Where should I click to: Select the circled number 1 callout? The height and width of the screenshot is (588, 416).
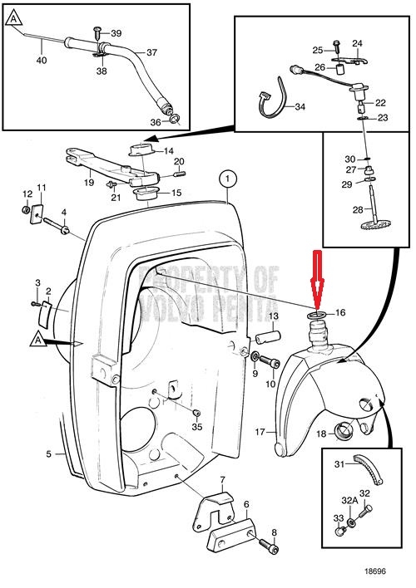[228, 179]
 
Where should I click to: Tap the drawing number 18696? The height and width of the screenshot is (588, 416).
[374, 571]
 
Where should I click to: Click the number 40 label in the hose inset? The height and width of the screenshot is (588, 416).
[42, 60]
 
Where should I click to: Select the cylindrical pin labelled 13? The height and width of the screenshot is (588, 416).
[268, 336]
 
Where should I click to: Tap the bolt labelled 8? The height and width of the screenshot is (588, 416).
[269, 545]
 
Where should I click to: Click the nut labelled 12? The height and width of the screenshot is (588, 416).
[26, 210]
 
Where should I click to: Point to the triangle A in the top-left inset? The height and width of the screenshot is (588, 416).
[13, 18]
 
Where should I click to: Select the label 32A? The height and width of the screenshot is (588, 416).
[349, 500]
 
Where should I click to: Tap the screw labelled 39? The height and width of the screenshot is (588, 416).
[97, 33]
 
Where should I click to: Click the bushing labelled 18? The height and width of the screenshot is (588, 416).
[344, 430]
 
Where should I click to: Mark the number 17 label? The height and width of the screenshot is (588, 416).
[260, 432]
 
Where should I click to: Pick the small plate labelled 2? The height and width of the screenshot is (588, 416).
[46, 314]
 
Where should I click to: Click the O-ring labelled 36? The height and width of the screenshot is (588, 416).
[175, 120]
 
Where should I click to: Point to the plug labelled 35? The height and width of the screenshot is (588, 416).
[196, 413]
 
